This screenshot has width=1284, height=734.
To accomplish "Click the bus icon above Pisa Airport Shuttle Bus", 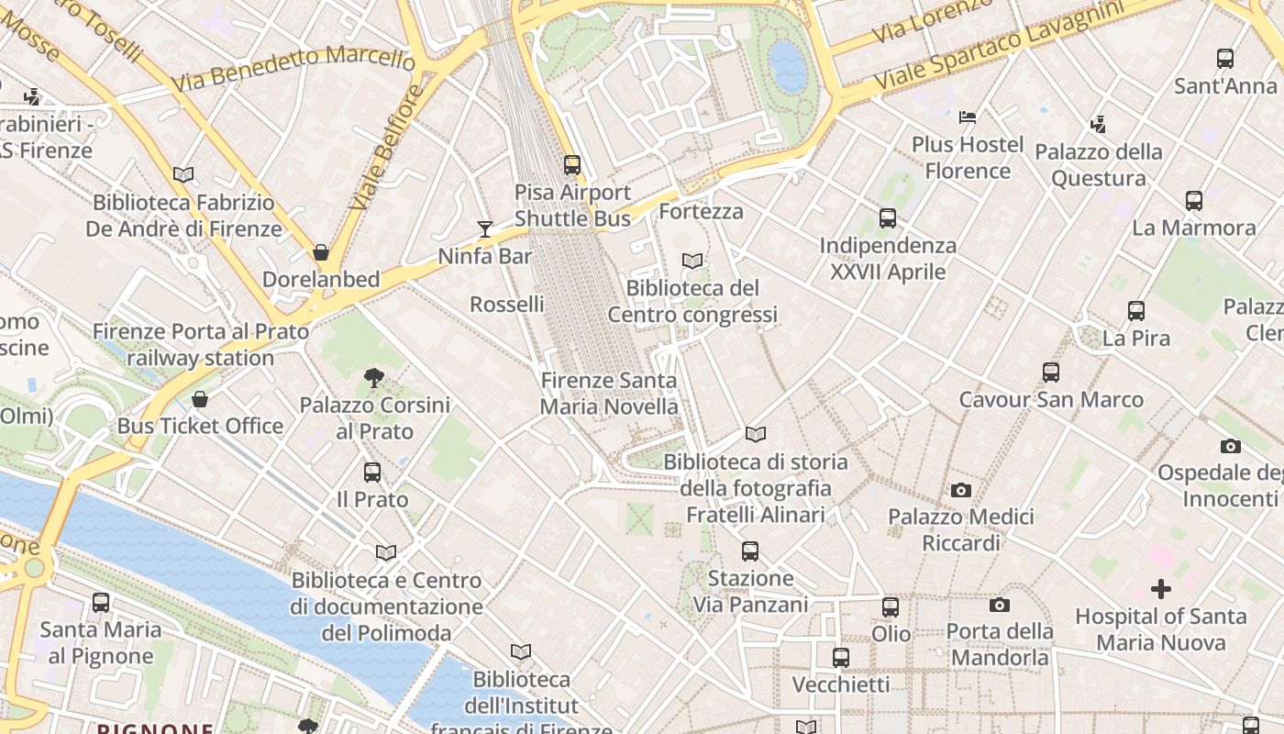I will click(x=572, y=165).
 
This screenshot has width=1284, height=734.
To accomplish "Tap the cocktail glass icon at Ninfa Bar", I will click(x=485, y=228).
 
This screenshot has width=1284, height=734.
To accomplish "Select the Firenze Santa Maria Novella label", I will click(x=609, y=394).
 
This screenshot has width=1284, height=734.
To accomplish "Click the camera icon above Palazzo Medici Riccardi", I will click(x=960, y=490).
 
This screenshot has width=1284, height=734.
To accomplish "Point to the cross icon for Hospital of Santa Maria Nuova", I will click(x=1161, y=588).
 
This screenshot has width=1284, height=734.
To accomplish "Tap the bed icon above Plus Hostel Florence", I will click(x=967, y=117).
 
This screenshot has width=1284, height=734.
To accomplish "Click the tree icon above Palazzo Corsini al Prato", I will click(x=373, y=377).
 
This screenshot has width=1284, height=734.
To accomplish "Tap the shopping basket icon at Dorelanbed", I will click(x=321, y=251).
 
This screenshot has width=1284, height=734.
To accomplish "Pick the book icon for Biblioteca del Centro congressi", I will click(x=692, y=261).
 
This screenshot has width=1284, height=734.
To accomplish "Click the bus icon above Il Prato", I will click(x=371, y=473).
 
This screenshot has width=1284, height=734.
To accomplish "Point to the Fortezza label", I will click(x=701, y=212).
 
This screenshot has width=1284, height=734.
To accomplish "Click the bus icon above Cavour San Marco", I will click(x=1051, y=373).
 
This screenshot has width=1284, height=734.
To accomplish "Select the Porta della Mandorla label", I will click(x=999, y=644).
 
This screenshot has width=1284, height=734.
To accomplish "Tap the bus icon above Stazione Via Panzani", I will click(x=749, y=550).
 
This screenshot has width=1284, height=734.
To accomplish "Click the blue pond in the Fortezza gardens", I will click(x=788, y=65).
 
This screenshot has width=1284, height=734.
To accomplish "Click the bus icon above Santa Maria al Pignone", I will click(x=101, y=603).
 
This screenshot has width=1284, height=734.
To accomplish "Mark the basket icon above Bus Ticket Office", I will click(x=200, y=398).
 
